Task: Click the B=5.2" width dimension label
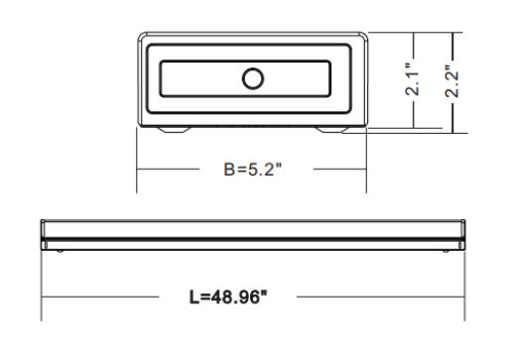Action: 253,170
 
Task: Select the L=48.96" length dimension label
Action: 228,297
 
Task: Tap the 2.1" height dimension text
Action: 413,79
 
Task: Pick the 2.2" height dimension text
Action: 451,80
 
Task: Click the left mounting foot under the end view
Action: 174,130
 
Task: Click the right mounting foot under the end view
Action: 331,130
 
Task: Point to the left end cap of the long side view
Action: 43,235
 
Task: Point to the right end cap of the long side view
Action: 462,235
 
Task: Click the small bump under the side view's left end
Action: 60,251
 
